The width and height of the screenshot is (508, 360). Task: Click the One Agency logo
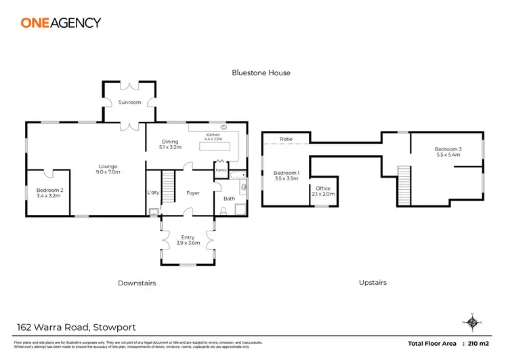tap(60, 22)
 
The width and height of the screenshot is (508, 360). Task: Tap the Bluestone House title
tap(261, 73)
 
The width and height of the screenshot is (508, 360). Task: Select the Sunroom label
tap(129, 102)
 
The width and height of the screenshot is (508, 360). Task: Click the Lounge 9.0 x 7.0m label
tap(108, 169)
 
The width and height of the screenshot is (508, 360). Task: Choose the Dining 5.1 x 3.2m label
tap(170, 144)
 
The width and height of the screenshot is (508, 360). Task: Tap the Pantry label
tap(221, 170)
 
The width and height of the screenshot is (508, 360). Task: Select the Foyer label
tap(193, 193)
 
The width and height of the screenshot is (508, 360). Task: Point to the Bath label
tap(229, 199)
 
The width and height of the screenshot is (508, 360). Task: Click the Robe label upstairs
tap(287, 139)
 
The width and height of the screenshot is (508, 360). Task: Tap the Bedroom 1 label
tap(284, 176)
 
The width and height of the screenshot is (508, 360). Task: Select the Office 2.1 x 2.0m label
tap(324, 191)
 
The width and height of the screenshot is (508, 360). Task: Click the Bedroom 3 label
tap(448, 152)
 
